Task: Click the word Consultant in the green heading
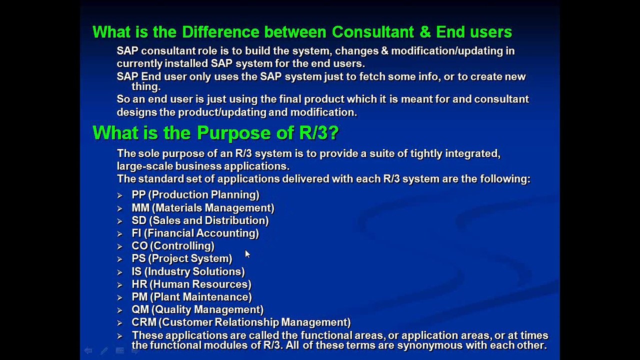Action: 373,32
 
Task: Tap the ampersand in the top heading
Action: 425,32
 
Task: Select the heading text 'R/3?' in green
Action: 319,133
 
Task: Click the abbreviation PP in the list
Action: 138,195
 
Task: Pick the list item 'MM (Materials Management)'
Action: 203,208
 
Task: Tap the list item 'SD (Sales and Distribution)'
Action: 200,220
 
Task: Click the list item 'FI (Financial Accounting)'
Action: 195,233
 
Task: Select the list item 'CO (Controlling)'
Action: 173,246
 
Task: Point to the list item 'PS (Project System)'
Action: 182,258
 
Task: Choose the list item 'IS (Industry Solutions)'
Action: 188,271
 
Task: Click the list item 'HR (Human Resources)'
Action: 191,284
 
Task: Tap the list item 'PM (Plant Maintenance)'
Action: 191,297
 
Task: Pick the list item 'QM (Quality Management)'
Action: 197,310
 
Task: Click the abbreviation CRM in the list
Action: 144,322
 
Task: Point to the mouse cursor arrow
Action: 247,254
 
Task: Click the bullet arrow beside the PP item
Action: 119,195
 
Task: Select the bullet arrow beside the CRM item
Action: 119,323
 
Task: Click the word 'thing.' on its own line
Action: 146,86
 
